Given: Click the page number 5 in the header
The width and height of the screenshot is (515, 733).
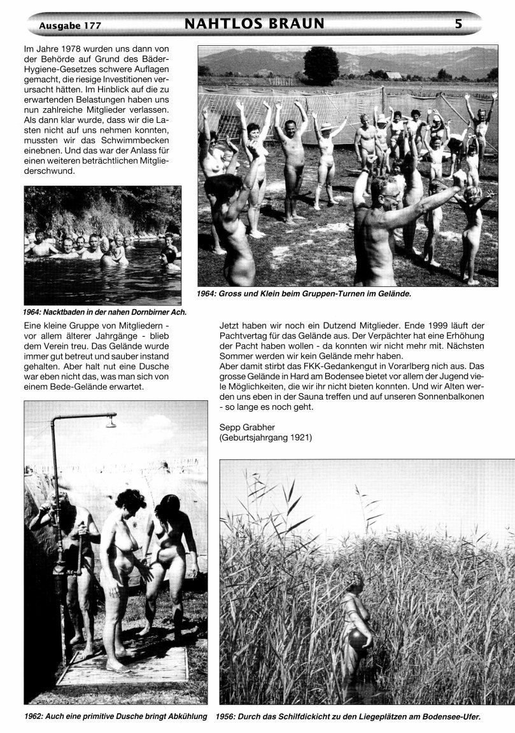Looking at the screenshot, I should (458, 24).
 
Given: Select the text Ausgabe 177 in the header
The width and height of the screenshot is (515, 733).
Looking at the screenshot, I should (70, 25).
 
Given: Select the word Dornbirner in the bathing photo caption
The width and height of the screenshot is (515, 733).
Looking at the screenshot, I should (145, 312).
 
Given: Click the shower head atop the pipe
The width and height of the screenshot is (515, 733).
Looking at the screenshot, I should (111, 421).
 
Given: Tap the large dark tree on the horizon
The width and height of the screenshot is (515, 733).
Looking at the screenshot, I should (321, 65).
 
